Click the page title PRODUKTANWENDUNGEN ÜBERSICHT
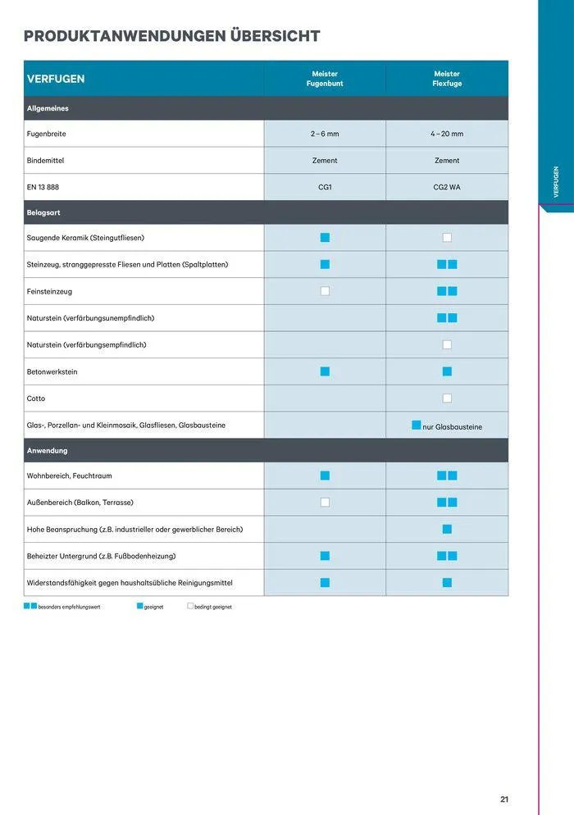click(x=171, y=36)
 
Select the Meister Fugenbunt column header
click(x=325, y=79)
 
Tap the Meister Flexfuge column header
click(x=447, y=79)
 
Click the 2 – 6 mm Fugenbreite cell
click(x=325, y=134)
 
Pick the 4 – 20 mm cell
click(x=447, y=134)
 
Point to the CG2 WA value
click(x=447, y=187)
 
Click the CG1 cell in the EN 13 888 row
click(x=325, y=187)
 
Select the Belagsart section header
click(x=43, y=212)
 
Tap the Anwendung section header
click(x=47, y=451)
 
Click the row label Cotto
click(x=36, y=398)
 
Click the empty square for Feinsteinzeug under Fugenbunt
click(x=325, y=291)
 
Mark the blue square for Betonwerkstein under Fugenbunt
click(x=325, y=371)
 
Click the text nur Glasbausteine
click(x=452, y=426)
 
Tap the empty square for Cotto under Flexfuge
click(x=447, y=398)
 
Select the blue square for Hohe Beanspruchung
click(x=447, y=529)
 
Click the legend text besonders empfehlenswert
click(x=69, y=607)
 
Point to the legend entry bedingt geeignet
click(x=212, y=607)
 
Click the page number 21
click(x=504, y=799)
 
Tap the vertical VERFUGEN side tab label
click(x=556, y=182)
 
